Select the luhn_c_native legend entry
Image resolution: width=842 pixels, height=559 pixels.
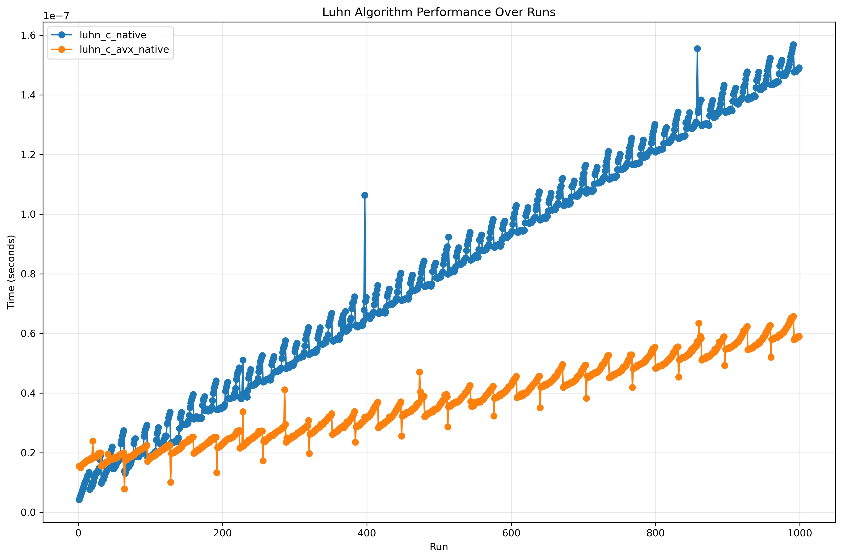tap(113, 35)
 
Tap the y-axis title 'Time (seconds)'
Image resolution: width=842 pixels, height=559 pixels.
tap(11, 272)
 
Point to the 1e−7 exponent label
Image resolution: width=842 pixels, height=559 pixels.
tap(56, 16)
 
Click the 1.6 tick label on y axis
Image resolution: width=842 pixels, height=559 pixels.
tap(29, 35)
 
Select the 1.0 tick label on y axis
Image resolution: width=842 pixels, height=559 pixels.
tap(29, 214)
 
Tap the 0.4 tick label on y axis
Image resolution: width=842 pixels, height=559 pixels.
tap(29, 393)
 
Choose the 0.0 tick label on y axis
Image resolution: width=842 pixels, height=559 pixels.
tap(29, 513)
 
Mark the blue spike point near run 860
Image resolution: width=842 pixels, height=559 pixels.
tap(697, 49)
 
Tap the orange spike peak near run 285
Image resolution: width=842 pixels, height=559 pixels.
tap(284, 390)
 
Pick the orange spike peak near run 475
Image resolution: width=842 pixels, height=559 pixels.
tap(419, 372)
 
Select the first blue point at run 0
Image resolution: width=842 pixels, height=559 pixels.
tap(79, 500)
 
